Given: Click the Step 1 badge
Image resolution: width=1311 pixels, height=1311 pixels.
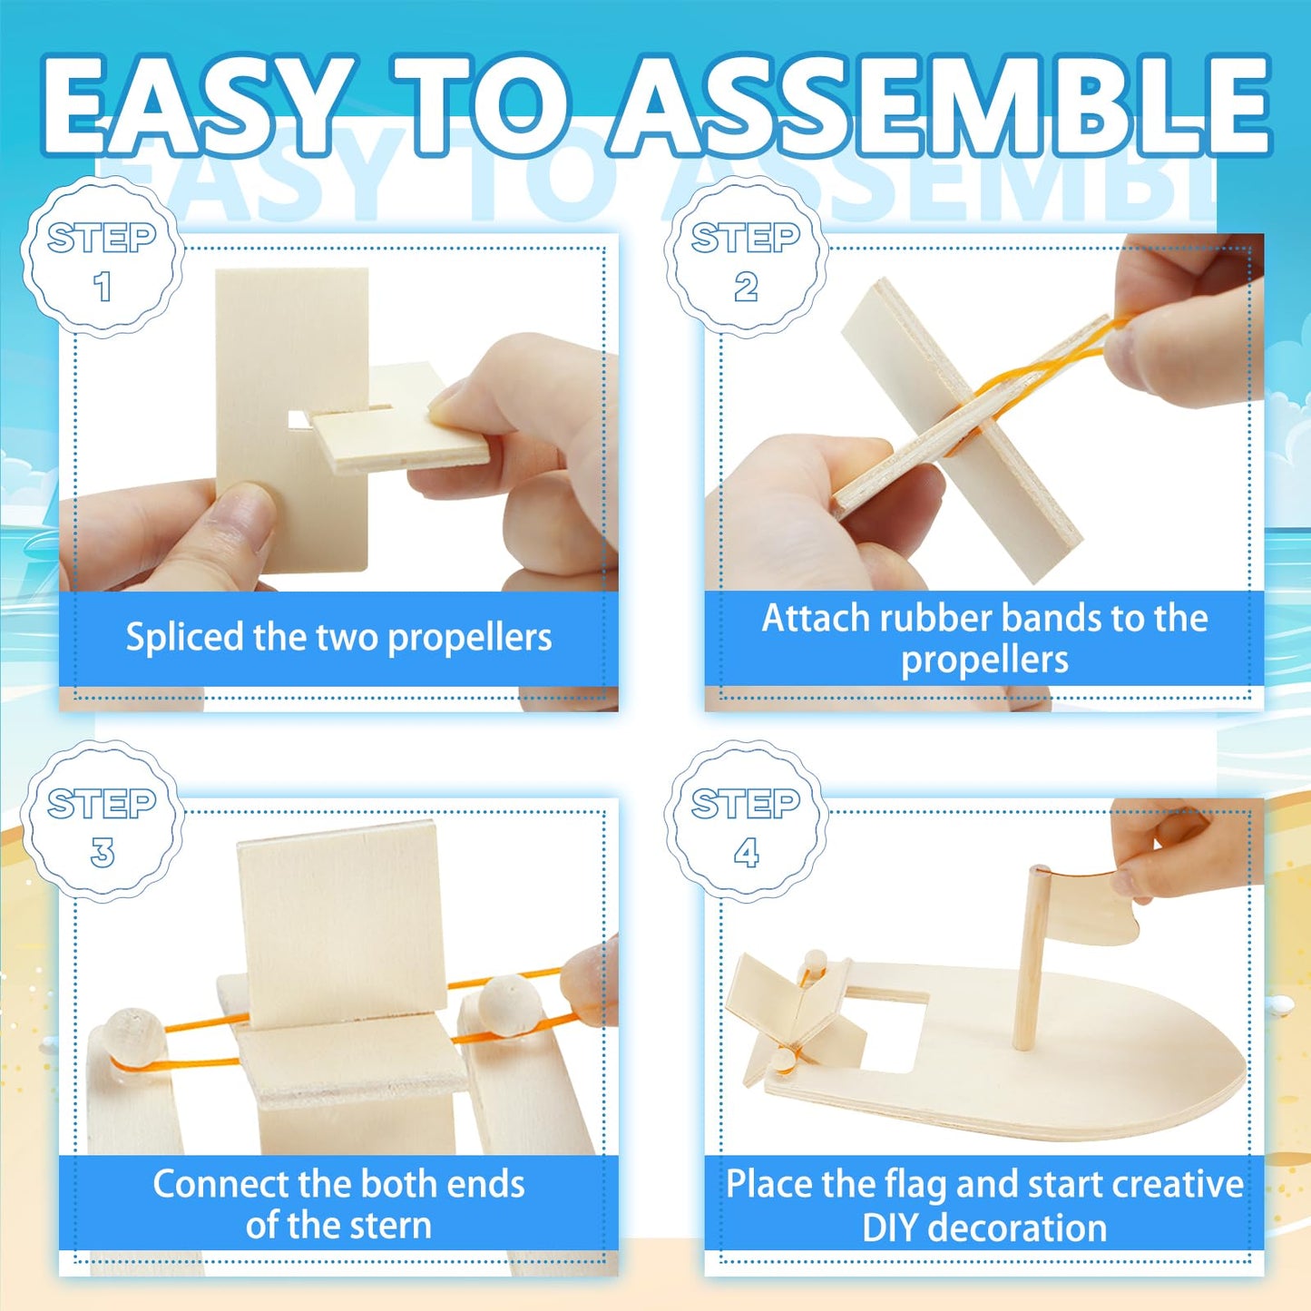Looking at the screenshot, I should click(x=102, y=259).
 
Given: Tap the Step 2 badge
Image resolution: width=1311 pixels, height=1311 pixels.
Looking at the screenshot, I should click(x=746, y=259).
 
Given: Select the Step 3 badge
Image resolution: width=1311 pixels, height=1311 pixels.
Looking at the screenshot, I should click(x=102, y=824).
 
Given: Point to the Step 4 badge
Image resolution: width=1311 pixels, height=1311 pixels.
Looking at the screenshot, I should click(x=746, y=824).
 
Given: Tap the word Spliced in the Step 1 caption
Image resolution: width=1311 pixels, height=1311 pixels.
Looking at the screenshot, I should click(x=185, y=638).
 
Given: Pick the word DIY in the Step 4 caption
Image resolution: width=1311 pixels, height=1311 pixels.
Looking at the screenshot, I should click(x=893, y=1228).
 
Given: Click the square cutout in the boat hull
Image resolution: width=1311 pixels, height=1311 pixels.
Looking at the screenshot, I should click(x=894, y=1030).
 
